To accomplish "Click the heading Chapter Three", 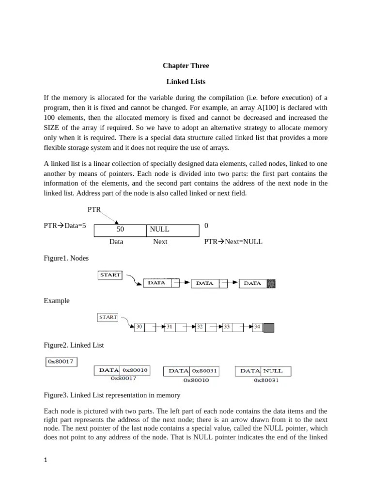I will coord(186,65).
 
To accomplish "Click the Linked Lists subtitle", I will coord(186,82).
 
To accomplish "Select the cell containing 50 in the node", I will coord(120,229).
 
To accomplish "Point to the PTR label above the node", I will coord(94,209).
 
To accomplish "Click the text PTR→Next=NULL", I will coord(233,242).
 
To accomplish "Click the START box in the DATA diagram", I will coord(110,275).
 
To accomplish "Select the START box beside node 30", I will coord(108,318).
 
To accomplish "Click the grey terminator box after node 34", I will coord(268,328).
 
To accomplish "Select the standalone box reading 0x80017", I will coord(61,361).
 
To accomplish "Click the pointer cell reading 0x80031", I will coord(205,371).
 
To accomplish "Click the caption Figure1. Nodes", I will coord(66,259).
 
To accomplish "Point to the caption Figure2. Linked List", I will coord(74,345).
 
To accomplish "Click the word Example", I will coord(57,301).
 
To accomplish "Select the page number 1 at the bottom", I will coord(46,461).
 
